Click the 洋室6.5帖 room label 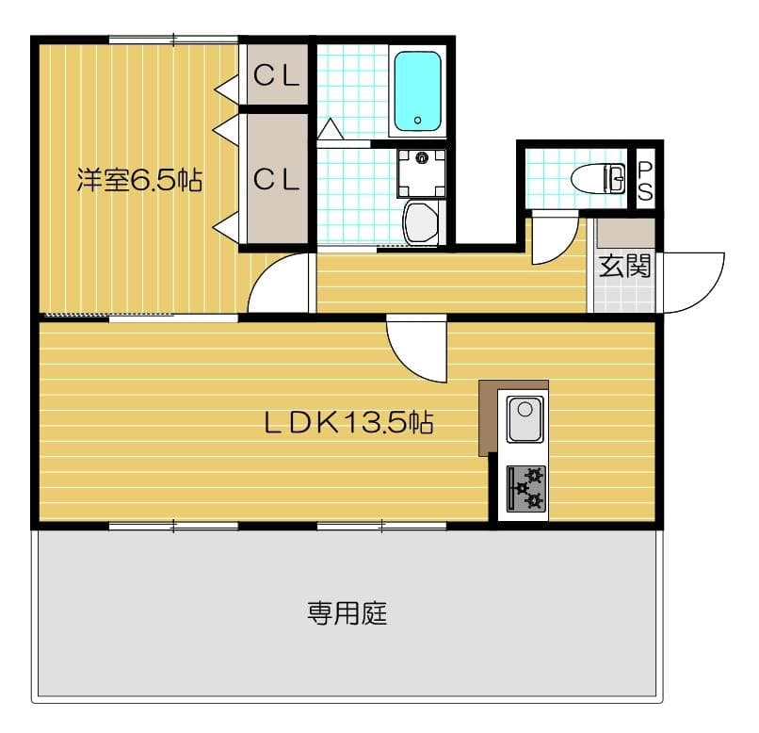tap(139, 180)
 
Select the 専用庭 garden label tap(347, 615)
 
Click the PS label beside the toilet tap(645, 180)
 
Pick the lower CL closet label tap(277, 179)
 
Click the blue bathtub tap(417, 90)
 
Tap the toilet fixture tap(599, 178)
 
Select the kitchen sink tap(524, 418)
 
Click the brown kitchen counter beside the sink tap(488, 415)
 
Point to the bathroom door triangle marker tap(331, 129)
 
